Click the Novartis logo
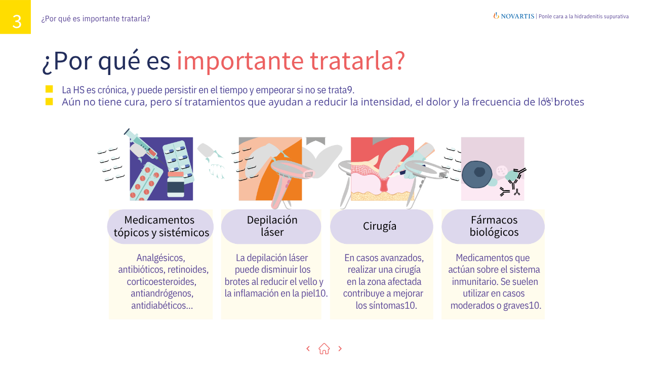(514, 16)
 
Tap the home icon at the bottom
(324, 349)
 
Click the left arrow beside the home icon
(308, 349)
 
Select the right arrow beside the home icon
(340, 349)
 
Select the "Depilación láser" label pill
(271, 227)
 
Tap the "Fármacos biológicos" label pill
(494, 227)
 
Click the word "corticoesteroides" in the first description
(161, 282)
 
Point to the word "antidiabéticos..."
(161, 306)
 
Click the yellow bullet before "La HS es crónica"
(49, 89)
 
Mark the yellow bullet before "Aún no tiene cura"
(49, 101)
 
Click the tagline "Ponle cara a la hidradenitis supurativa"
(584, 16)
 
